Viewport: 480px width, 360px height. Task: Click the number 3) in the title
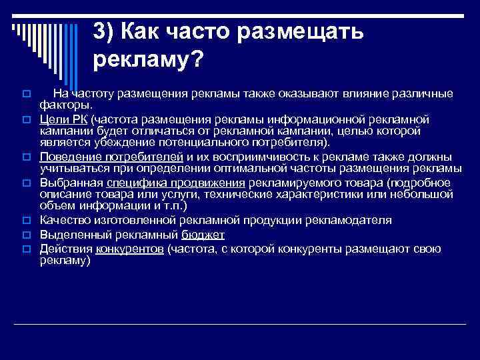click(x=106, y=31)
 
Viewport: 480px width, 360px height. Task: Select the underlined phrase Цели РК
click(x=63, y=119)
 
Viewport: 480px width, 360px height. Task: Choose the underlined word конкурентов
click(x=130, y=249)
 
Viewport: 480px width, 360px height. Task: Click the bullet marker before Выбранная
click(x=27, y=183)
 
